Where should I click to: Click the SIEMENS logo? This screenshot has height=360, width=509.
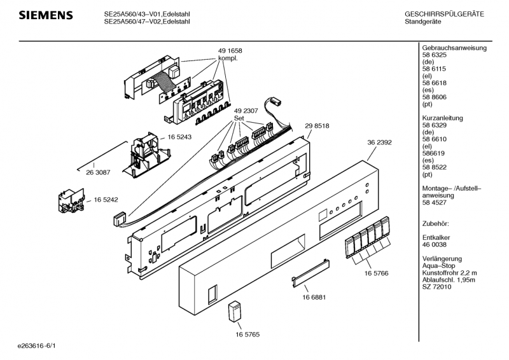click(46, 15)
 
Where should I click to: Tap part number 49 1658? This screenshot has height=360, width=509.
click(230, 51)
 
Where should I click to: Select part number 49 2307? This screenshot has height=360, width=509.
click(246, 111)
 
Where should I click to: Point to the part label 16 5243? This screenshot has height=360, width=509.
click(179, 137)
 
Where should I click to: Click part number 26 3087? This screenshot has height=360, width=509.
click(98, 172)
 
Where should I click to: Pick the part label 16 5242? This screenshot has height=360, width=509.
click(106, 200)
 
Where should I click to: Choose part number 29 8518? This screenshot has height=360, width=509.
click(317, 126)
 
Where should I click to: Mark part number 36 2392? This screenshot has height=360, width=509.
click(379, 142)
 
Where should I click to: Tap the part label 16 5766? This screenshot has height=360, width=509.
click(376, 273)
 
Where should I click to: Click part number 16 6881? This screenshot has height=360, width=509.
click(314, 297)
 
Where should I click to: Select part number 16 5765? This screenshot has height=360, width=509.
click(248, 335)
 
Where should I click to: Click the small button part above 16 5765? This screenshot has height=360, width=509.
click(235, 312)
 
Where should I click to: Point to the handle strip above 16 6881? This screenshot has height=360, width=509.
click(310, 273)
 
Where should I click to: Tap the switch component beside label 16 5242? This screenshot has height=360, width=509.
click(71, 200)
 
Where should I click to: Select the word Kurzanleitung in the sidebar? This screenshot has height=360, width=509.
click(442, 118)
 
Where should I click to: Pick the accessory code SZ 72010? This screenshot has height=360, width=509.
click(436, 287)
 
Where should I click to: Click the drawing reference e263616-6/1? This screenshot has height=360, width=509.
click(37, 346)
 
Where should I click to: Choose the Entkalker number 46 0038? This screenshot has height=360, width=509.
click(435, 244)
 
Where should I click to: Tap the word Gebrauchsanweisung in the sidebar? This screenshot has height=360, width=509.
click(454, 48)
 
